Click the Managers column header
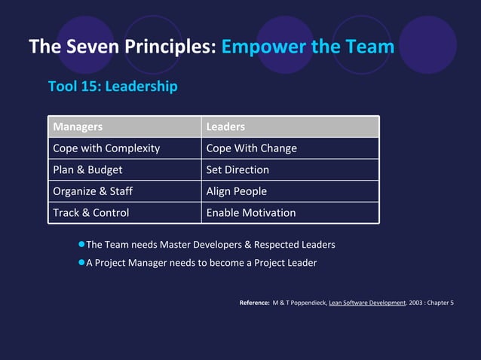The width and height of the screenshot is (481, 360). pyautogui.click(x=78, y=127)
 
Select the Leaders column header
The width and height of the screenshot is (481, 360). pyautogui.click(x=225, y=127)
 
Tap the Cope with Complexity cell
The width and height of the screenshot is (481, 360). pyautogui.click(x=106, y=148)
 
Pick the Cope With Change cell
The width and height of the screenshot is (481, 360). pyautogui.click(x=251, y=148)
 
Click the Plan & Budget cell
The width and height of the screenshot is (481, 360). pyautogui.click(x=87, y=169)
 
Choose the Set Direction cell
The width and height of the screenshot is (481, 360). pyautogui.click(x=237, y=169)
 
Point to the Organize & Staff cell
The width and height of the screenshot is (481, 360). pyautogui.click(x=93, y=191)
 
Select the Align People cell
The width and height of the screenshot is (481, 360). pyautogui.click(x=237, y=191)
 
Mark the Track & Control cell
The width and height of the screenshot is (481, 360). pyautogui.click(x=91, y=212)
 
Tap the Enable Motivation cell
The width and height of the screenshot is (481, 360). pyautogui.click(x=251, y=212)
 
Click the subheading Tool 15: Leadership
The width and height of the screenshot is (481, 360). pyautogui.click(x=113, y=87)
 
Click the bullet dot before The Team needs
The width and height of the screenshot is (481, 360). pyautogui.click(x=81, y=245)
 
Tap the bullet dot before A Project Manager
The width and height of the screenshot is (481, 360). pyautogui.click(x=81, y=263)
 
